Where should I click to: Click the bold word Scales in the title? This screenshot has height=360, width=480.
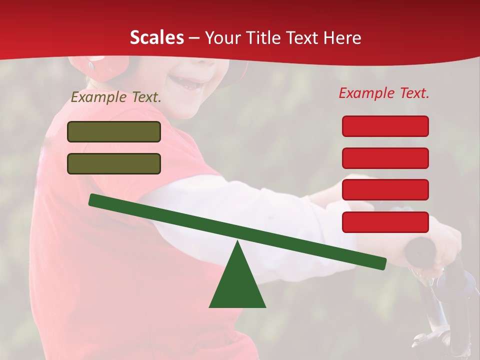pyautogui.click(x=157, y=37)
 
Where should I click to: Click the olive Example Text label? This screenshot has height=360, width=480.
pyautogui.click(x=116, y=97)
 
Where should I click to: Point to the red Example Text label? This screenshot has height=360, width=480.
pyautogui.click(x=384, y=93)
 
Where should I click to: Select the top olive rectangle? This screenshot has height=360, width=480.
pyautogui.click(x=114, y=132)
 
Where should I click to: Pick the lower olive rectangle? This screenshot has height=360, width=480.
pyautogui.click(x=114, y=163)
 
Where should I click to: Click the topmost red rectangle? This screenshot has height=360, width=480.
pyautogui.click(x=385, y=126)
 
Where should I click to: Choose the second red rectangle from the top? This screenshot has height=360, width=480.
pyautogui.click(x=385, y=158)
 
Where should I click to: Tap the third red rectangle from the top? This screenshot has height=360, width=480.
pyautogui.click(x=385, y=190)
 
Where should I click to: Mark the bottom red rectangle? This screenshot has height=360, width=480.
pyautogui.click(x=385, y=222)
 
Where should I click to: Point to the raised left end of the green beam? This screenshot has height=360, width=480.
pyautogui.click(x=95, y=199)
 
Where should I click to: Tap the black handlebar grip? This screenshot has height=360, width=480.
pyautogui.click(x=420, y=250)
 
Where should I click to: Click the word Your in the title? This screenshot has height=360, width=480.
pyautogui.click(x=221, y=37)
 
